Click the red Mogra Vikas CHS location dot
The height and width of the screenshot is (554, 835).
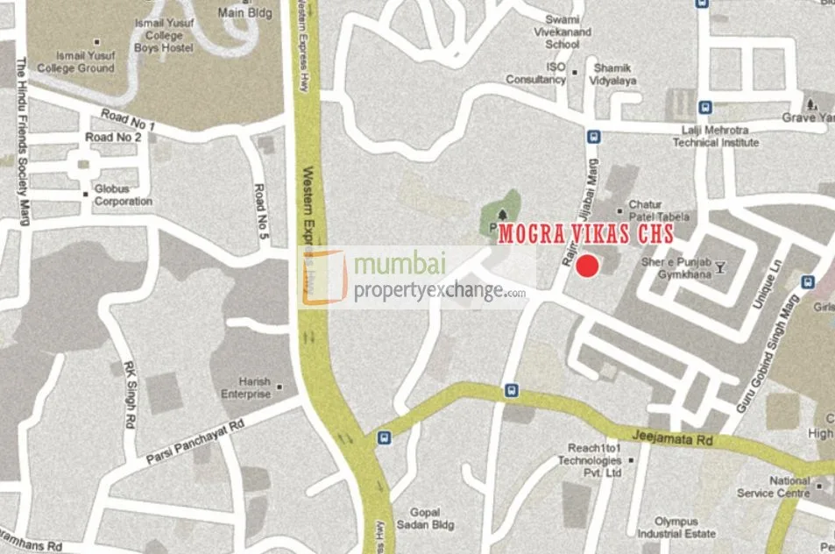587,266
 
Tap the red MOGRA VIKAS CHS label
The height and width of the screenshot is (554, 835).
586,235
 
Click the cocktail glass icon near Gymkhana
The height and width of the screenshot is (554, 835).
720,266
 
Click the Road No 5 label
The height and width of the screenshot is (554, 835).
259,202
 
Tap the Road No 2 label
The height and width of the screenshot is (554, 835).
113,138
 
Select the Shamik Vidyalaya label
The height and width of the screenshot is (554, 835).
614,75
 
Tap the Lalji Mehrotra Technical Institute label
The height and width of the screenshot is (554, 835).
716,136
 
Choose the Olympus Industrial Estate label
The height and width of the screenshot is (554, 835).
676,526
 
